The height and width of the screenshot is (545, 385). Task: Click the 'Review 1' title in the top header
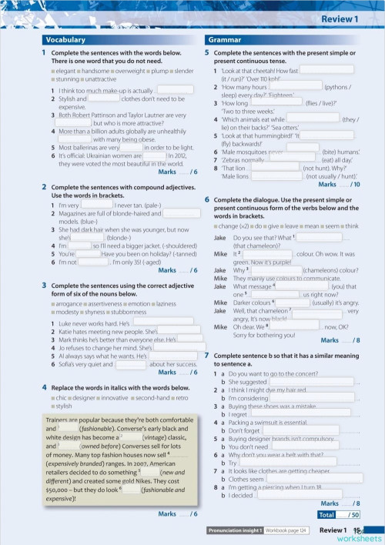tap(340, 18)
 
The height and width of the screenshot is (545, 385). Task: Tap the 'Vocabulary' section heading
tap(65, 38)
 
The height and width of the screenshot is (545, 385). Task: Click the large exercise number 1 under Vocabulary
tap(43, 52)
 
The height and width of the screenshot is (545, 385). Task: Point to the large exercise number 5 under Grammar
tap(206, 52)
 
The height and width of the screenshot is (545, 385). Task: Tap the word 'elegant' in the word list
tap(65, 72)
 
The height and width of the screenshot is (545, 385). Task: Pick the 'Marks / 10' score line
tap(338, 185)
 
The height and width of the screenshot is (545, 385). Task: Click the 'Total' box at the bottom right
tap(326, 514)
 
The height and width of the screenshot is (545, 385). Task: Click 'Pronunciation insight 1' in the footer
tap(236, 530)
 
